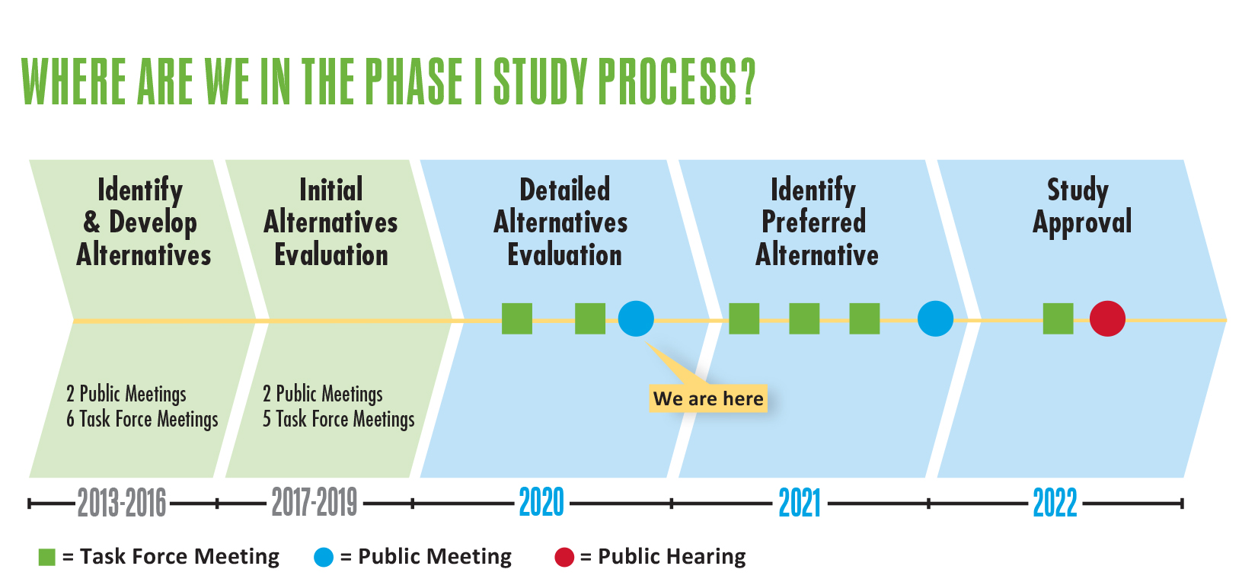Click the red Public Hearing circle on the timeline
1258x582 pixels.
click(1107, 318)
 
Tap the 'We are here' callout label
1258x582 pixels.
click(708, 398)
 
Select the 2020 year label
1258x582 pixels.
click(541, 502)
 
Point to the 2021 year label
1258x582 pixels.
click(800, 503)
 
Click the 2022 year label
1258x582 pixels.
click(1055, 503)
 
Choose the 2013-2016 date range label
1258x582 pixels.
click(122, 502)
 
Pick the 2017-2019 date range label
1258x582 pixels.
click(314, 502)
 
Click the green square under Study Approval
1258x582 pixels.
click(1058, 318)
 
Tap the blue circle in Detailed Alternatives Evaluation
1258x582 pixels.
click(636, 318)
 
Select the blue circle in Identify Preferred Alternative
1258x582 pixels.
click(935, 318)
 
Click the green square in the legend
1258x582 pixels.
click(46, 558)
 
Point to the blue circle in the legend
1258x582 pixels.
click(324, 558)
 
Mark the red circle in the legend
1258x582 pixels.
click(564, 558)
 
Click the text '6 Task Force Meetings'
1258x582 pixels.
click(142, 419)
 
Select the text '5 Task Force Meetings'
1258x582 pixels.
click(339, 419)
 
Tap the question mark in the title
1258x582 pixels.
click(748, 82)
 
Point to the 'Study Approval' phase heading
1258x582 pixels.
click(1081, 206)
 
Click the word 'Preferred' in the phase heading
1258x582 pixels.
click(814, 222)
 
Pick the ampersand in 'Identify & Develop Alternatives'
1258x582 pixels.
click(91, 222)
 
